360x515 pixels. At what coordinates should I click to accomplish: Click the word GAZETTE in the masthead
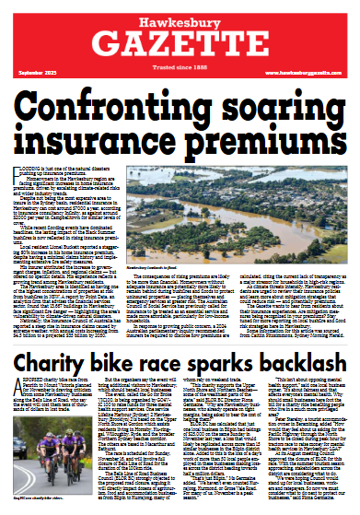(180, 42)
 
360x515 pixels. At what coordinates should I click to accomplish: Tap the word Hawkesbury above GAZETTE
(180, 16)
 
